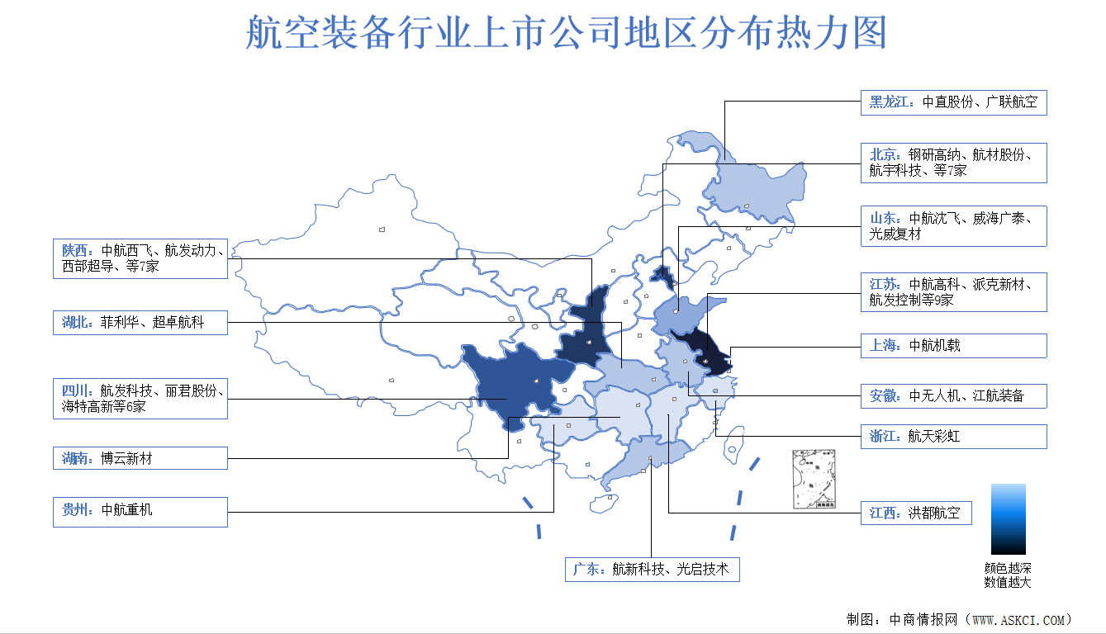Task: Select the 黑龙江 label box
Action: (953, 103)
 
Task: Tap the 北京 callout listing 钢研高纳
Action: (953, 163)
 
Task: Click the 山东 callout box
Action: (953, 226)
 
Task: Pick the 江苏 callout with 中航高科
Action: (953, 292)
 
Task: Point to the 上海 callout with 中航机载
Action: (953, 346)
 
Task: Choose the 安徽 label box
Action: (953, 395)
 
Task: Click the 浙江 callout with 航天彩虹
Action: (953, 437)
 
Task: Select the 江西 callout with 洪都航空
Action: (916, 513)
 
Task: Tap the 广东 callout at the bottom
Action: (652, 570)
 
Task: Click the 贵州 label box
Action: (140, 511)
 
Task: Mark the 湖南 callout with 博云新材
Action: (140, 458)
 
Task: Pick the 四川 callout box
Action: (140, 399)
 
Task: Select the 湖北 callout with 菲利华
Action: (140, 322)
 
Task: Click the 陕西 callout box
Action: (140, 258)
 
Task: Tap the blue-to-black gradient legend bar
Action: (1009, 518)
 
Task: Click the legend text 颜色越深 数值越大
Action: (1008, 575)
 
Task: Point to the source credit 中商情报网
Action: (958, 619)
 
